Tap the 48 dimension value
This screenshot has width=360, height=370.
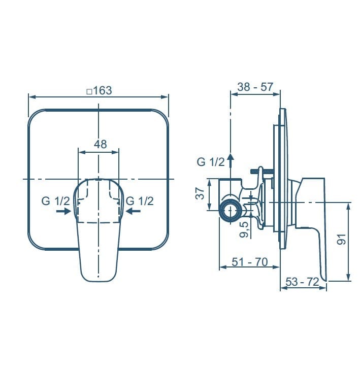point(100,144)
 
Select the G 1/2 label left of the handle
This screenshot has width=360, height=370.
point(55,201)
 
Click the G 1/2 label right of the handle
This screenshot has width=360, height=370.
point(140,201)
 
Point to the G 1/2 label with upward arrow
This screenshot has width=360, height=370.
point(210,162)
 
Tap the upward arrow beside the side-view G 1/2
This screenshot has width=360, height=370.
point(230,161)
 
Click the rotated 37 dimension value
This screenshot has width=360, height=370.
point(201,193)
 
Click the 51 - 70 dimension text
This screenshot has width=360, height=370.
point(249,262)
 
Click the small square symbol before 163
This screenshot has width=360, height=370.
point(89,91)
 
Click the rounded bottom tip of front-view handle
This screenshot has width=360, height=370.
point(99,278)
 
